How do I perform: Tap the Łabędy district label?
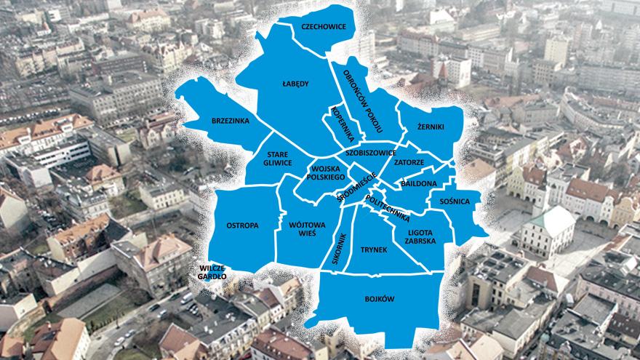coord(295,84)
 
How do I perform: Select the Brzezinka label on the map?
coord(231,120)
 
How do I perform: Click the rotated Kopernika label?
coord(342,124)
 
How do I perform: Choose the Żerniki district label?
coord(431,127)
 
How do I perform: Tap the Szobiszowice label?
coord(371,153)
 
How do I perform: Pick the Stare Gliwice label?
coord(279,159)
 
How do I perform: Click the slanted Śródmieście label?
coord(356,187)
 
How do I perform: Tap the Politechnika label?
coord(388,207)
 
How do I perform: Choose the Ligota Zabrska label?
coord(417,236)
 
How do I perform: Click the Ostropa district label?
coord(242,225)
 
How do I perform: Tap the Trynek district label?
coord(374,250)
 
